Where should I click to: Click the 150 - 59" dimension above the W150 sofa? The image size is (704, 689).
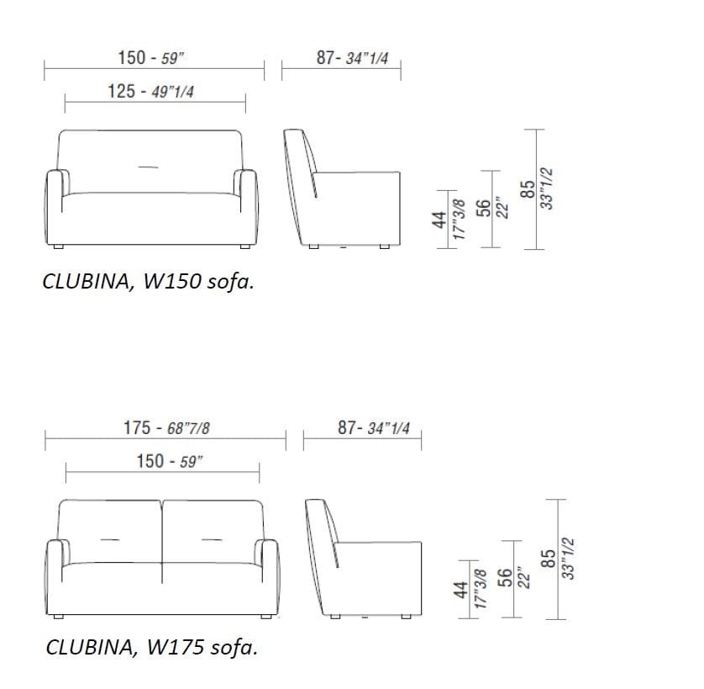coord(151,58)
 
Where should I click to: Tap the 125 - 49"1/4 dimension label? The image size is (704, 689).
coord(151,92)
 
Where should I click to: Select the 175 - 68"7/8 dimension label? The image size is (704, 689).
coord(166,427)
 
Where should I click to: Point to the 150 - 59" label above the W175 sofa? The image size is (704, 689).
coord(170,461)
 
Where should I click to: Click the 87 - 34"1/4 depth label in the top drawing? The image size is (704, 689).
coord(353,58)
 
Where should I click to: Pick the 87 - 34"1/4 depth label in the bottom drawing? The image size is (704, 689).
coord(374,427)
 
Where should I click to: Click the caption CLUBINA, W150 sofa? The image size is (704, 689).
coord(149,281)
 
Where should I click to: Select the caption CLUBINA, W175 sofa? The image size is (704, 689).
coord(152,647)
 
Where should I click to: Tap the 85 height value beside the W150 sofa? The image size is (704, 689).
coord(528,189)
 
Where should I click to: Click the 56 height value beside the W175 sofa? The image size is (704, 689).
coord(505,577)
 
